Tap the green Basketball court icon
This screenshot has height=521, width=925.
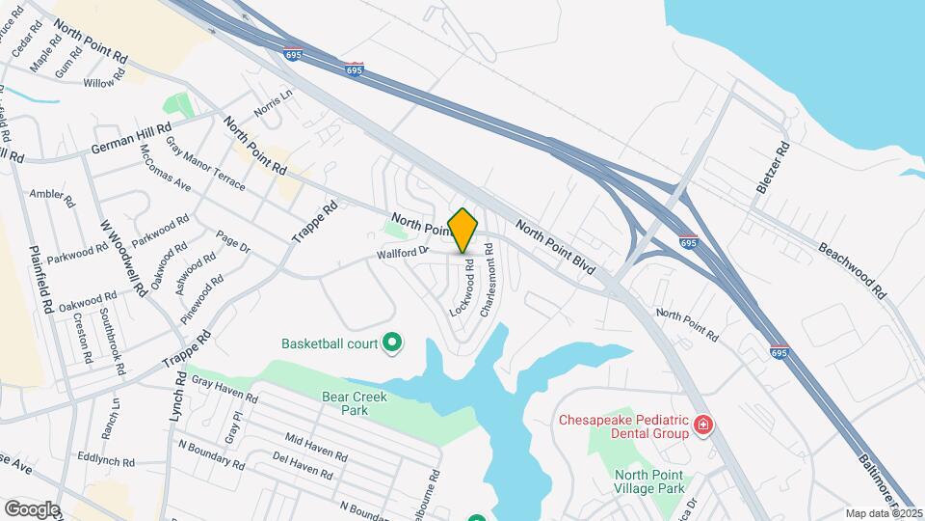pos(392,343)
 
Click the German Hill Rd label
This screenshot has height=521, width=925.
pos(131,139)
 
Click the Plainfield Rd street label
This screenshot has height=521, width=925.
pos(40,280)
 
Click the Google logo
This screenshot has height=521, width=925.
pos(32,508)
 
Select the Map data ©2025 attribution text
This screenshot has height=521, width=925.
pos(882,513)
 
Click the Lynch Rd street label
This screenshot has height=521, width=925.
pos(177,393)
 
